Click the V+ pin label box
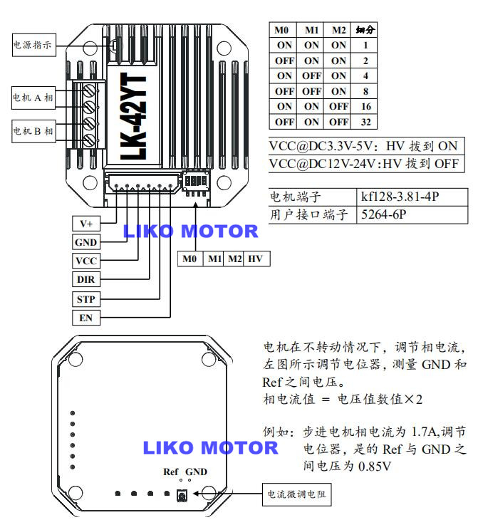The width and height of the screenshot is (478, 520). pyautogui.click(x=85, y=224)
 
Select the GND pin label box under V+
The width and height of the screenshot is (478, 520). pyautogui.click(x=85, y=243)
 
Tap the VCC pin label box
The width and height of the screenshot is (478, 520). pyautogui.click(x=85, y=261)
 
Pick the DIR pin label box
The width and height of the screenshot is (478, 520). pyautogui.click(x=85, y=280)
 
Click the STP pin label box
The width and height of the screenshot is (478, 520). pyautogui.click(x=85, y=299)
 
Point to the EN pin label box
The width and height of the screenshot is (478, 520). pyautogui.click(x=85, y=318)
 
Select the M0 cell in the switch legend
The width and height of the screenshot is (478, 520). pyautogui.click(x=189, y=259)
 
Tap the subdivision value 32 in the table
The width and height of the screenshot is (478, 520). pyautogui.click(x=365, y=122)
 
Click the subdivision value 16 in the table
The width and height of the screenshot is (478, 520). pyautogui.click(x=365, y=106)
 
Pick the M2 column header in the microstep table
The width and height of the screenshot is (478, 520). pyautogui.click(x=339, y=31)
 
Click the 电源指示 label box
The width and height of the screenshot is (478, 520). pyautogui.click(x=33, y=46)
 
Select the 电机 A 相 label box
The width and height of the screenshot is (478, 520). pyautogui.click(x=33, y=96)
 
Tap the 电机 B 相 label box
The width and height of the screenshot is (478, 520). pyautogui.click(x=33, y=131)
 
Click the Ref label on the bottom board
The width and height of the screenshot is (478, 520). pyautogui.click(x=170, y=472)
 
